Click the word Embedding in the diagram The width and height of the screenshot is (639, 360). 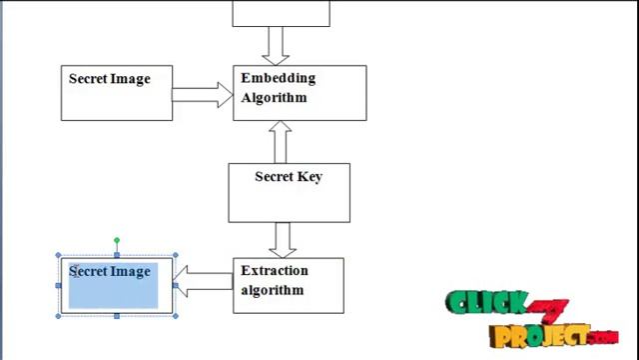tap(278, 78)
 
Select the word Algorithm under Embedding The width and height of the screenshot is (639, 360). tap(274, 98)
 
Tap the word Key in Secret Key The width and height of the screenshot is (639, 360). tap(310, 177)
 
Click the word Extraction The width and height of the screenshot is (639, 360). tap(275, 271)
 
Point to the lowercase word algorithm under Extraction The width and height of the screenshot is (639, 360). tap(272, 291)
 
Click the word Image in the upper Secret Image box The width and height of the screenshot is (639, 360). tap(130, 78)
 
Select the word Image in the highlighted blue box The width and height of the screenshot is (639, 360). tap(131, 271)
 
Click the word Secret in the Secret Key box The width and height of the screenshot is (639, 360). tap(274, 177)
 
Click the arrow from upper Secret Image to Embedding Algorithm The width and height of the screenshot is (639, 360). tap(202, 95)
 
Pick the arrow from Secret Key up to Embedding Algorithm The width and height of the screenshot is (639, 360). tap(282, 142)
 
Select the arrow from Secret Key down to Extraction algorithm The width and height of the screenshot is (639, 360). tap(283, 239)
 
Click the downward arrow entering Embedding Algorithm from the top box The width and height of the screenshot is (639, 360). tap(277, 45)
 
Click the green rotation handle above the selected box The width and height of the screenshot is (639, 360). tap(117, 241)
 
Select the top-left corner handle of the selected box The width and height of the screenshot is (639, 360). tap(59, 257)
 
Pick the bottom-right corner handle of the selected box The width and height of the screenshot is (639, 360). tap(176, 315)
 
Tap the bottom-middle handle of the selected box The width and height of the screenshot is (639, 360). tap(117, 315)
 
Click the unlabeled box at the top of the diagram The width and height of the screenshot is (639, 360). tap(281, 12)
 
